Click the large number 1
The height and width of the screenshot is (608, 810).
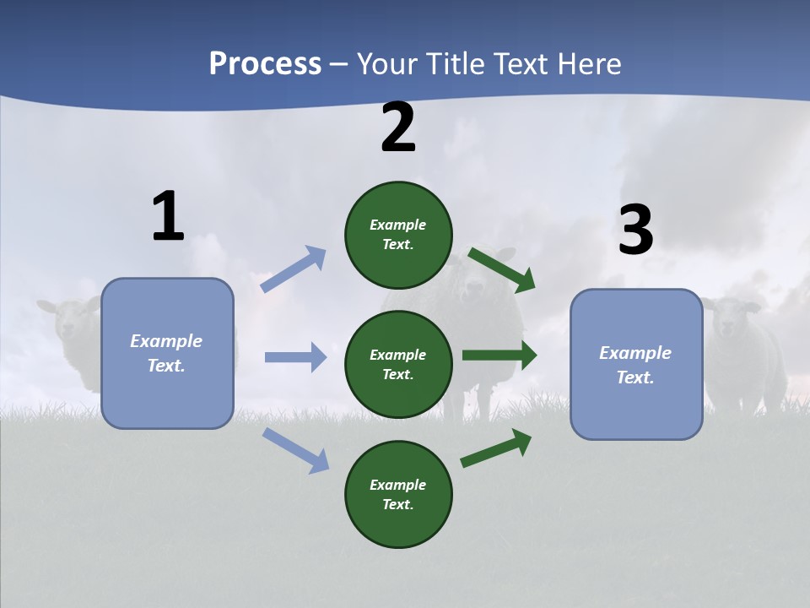[x=168, y=217]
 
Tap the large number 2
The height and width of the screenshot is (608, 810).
[x=398, y=128]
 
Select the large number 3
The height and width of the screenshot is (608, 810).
[x=635, y=231]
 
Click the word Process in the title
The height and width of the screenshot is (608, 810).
[x=265, y=63]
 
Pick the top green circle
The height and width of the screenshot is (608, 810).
[x=398, y=235]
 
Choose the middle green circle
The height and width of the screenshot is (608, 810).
[x=398, y=364]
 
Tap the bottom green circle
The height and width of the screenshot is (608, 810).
[x=398, y=494]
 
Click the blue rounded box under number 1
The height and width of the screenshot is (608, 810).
[x=167, y=353]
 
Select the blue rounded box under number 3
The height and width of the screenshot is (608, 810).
[x=636, y=364]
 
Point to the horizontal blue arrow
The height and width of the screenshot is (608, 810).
[x=295, y=357]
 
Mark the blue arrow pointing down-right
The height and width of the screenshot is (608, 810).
[x=295, y=450]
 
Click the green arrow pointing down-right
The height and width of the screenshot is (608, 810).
[x=501, y=269]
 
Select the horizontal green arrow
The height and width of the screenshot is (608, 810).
[x=499, y=356]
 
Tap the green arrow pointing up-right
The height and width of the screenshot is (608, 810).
[x=496, y=448]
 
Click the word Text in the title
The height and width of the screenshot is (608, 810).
[x=516, y=63]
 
